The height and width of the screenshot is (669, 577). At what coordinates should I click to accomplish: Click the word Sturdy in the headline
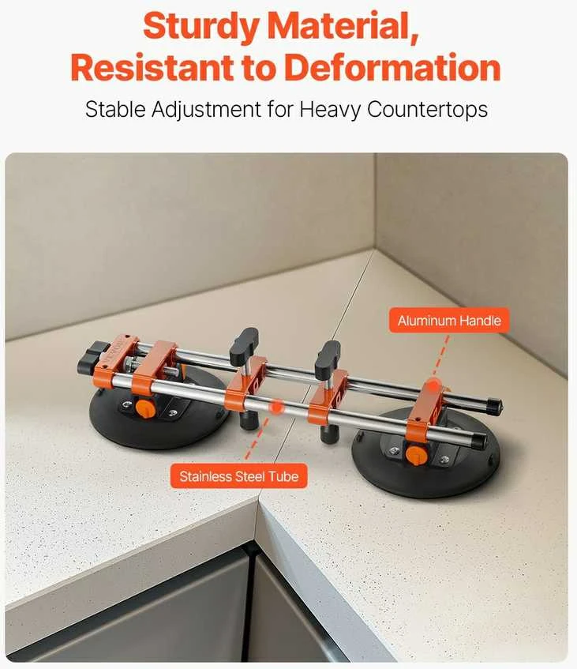tap(200, 25)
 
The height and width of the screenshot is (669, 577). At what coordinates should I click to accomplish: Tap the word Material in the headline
tap(343, 25)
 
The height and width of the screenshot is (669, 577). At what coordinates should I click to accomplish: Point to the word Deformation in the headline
tap(392, 67)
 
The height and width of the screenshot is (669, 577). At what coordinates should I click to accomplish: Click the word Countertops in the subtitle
tap(427, 109)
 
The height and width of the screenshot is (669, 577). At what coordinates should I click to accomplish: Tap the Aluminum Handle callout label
tap(449, 321)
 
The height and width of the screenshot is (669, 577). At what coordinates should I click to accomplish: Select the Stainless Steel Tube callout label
tap(239, 476)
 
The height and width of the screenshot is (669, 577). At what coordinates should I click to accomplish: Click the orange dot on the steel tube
tap(276, 407)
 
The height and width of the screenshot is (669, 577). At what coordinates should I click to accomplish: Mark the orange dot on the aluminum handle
tap(433, 385)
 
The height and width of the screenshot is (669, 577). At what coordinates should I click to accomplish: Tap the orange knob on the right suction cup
tap(417, 455)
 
